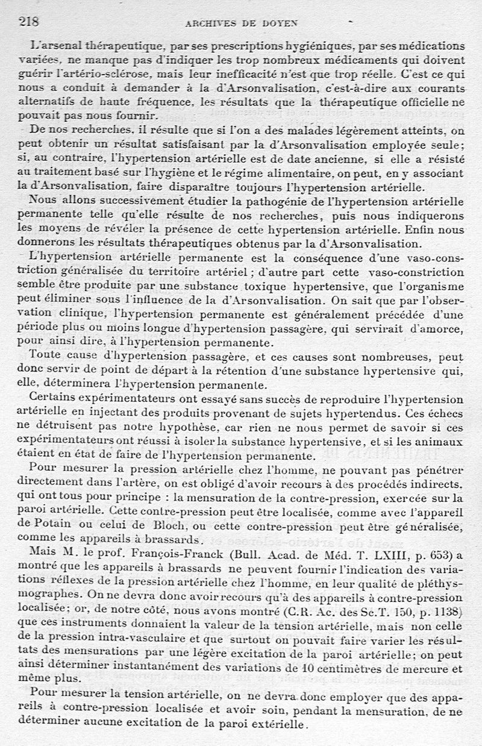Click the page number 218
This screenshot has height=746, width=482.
point(29,22)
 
